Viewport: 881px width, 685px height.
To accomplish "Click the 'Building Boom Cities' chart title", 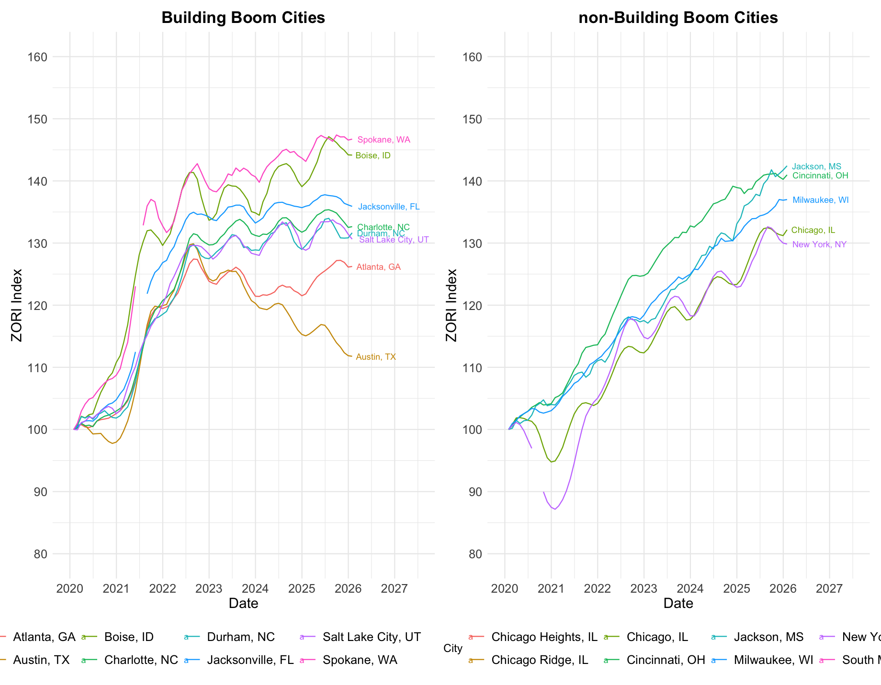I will coord(243,18).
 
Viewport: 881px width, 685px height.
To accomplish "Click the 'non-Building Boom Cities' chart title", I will coord(678,18).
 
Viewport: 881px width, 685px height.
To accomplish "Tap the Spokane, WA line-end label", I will coord(384,140).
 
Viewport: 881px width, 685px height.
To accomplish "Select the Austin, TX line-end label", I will coord(376,357).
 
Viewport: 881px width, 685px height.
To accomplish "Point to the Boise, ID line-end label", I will coord(373,156).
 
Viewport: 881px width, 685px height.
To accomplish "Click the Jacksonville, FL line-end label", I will coord(389,207).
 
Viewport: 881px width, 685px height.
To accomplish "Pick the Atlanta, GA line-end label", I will coord(378,267).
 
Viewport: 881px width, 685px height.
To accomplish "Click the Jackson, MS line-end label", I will coord(816,166).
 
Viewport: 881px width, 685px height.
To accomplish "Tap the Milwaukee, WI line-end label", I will coord(821,200).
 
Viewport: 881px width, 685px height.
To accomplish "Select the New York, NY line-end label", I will coord(819,244).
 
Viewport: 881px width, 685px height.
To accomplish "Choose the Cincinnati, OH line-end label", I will coord(820,176).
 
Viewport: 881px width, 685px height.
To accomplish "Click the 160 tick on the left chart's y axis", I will coord(38,57).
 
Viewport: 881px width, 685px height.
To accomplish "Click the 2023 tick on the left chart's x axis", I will coord(209,588).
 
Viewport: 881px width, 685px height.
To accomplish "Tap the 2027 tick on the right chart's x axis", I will coord(829,588).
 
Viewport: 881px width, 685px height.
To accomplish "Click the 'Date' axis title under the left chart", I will coord(243,603).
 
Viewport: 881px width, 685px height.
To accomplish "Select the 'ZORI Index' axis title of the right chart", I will coord(451,305).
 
